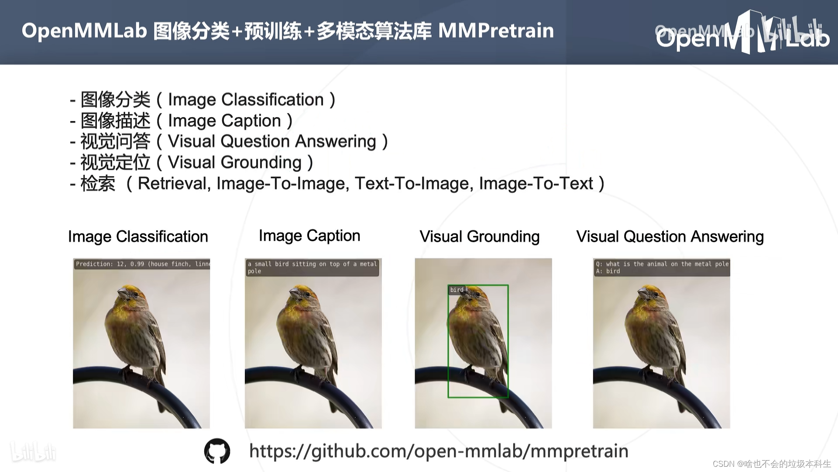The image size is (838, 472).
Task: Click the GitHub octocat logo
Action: (217, 451)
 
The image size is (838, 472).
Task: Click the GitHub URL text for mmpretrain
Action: (439, 451)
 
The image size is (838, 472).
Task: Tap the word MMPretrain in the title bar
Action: (496, 31)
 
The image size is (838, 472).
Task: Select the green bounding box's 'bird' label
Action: (457, 290)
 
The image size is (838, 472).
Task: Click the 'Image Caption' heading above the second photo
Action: (309, 236)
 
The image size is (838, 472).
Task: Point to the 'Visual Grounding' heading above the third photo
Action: (479, 236)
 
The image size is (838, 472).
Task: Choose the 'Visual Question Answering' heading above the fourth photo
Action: (670, 236)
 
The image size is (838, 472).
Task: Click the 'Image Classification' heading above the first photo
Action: (138, 236)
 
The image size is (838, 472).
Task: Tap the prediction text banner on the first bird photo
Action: (142, 264)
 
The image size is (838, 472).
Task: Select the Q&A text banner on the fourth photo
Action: (662, 267)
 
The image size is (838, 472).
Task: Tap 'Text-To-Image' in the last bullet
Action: (414, 184)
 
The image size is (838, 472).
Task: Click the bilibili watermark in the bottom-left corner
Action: (33, 452)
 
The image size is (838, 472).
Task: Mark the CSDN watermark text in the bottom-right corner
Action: (771, 464)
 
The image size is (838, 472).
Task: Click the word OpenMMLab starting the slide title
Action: (84, 31)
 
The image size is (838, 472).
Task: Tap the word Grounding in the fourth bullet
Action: (261, 163)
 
